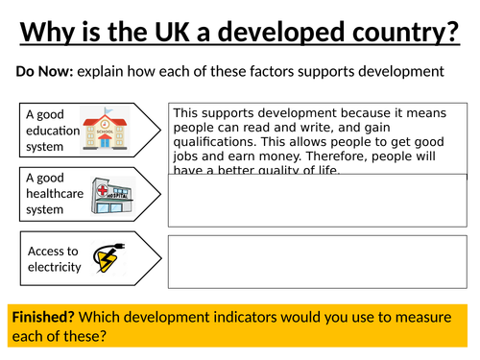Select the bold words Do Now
tap(43, 72)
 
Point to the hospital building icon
tap(108, 196)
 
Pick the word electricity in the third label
tap(54, 266)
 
